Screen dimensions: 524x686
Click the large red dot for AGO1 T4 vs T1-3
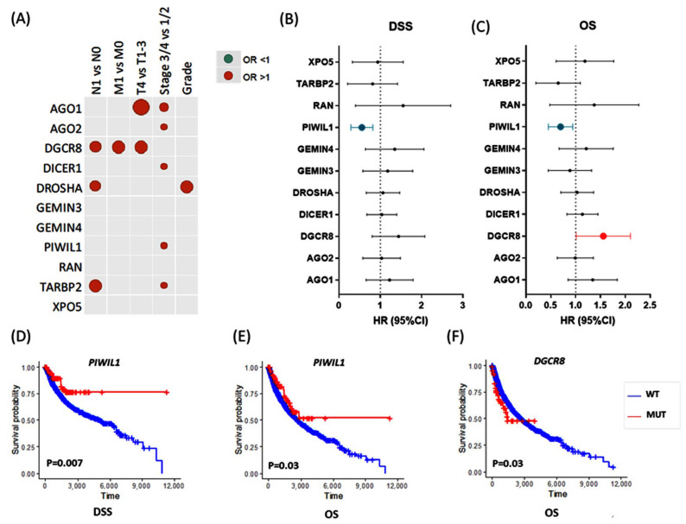point(142,108)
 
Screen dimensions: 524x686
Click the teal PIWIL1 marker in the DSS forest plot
point(362,128)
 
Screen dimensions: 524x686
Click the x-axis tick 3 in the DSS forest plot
point(463,306)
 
